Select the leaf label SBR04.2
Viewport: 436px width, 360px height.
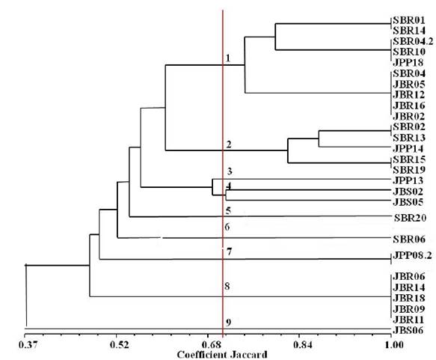click(410, 41)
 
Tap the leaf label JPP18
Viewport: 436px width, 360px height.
click(406, 63)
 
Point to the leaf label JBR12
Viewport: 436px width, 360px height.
click(406, 95)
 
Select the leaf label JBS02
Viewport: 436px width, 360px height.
click(406, 192)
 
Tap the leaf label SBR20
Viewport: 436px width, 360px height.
click(411, 218)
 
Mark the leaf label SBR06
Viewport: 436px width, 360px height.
click(410, 240)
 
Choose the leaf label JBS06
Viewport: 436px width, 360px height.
click(406, 330)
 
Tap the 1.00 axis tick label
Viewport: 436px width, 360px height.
click(392, 345)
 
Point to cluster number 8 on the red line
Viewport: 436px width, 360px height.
click(227, 286)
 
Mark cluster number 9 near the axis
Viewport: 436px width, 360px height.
click(228, 322)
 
